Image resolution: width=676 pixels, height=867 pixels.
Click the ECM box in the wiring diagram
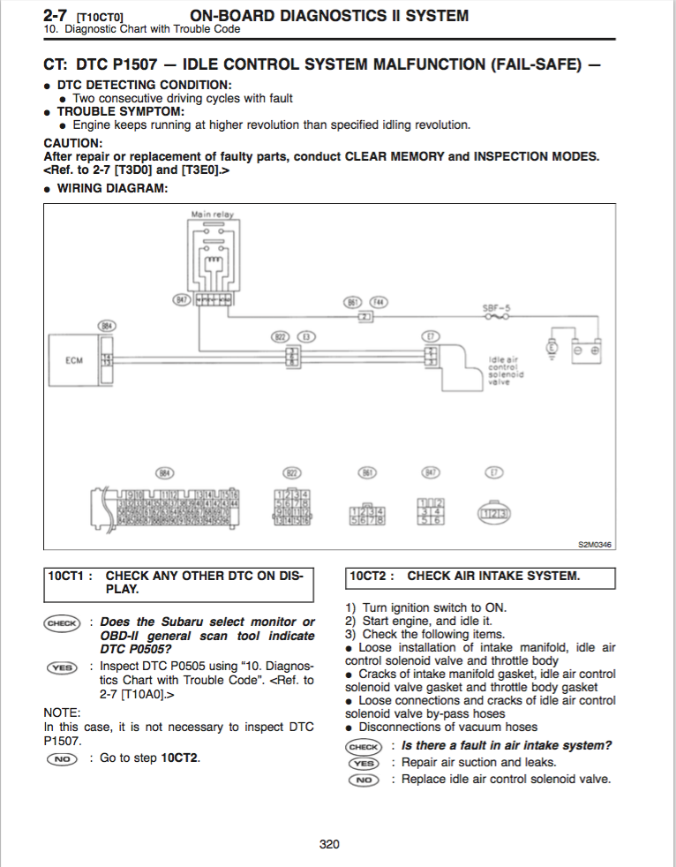click(74, 360)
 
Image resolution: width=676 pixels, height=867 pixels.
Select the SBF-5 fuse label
click(496, 307)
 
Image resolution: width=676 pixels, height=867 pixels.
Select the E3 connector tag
click(306, 336)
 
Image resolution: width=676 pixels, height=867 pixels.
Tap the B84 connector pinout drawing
click(163, 509)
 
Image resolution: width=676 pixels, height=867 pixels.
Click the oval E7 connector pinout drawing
click(494, 511)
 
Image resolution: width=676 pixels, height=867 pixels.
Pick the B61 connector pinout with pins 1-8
click(367, 514)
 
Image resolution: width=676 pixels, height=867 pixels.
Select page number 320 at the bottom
click(329, 844)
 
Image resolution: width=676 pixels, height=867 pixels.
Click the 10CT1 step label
click(70, 576)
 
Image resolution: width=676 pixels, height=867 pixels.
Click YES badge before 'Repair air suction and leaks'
click(363, 763)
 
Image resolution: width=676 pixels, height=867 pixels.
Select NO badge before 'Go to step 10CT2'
click(61, 758)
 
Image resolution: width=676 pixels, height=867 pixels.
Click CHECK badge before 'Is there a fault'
click(364, 746)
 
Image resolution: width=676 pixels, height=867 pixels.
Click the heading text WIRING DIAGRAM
click(112, 187)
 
